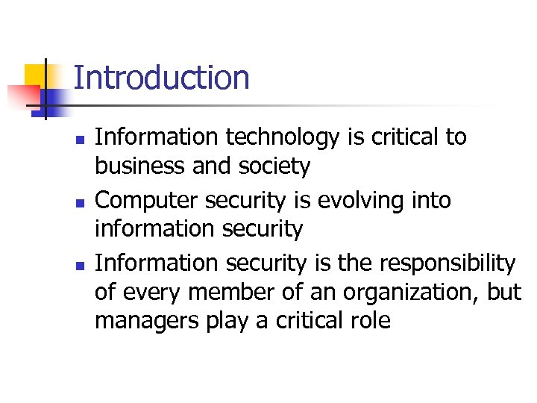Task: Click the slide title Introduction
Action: pyautogui.click(x=161, y=78)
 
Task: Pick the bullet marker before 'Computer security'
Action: pyautogui.click(x=82, y=202)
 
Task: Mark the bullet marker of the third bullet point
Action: pyautogui.click(x=82, y=265)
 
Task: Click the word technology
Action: pyautogui.click(x=268, y=138)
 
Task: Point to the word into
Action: pyautogui.click(x=430, y=201)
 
